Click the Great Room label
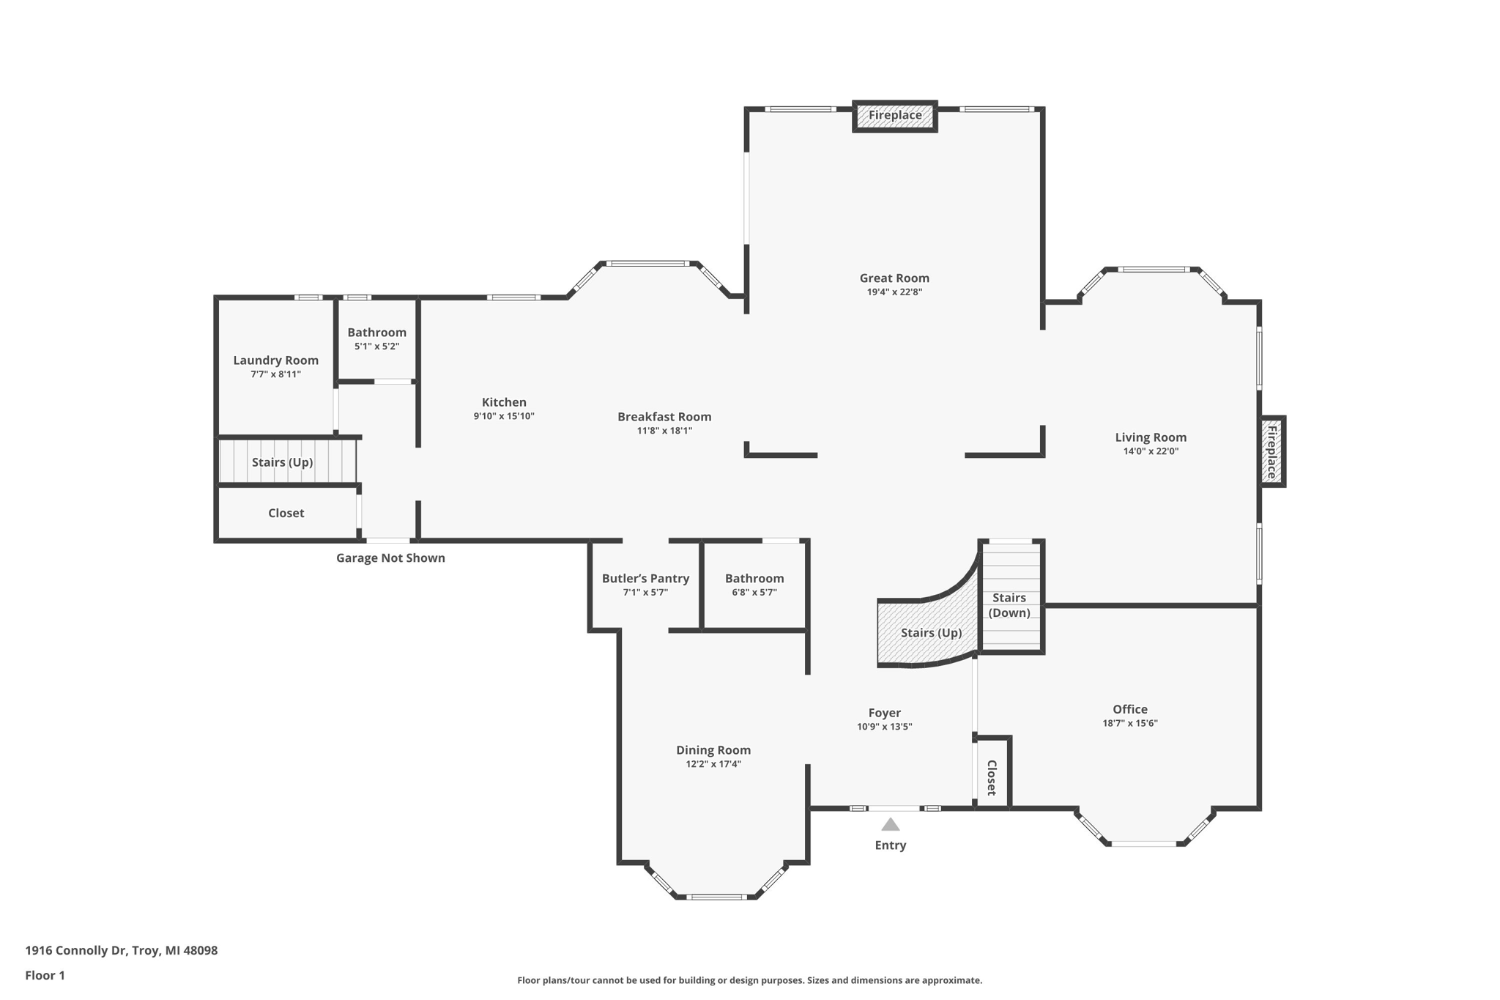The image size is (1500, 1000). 894,278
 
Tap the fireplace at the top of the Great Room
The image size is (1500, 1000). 895,116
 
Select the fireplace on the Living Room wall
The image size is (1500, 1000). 1272,451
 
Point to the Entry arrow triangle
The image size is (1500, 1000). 890,824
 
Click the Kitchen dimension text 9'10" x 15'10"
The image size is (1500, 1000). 504,416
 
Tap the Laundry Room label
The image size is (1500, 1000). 275,360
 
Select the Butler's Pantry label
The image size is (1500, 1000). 645,579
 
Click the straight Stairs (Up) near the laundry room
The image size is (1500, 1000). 288,462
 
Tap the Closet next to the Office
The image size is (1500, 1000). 992,773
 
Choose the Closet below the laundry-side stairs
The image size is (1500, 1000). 286,514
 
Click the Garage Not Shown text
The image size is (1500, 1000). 390,558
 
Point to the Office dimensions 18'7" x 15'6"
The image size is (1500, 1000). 1130,723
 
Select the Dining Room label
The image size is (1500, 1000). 713,750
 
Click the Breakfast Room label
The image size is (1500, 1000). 664,417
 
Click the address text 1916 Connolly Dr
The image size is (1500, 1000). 76,951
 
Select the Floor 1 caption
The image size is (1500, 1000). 45,976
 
